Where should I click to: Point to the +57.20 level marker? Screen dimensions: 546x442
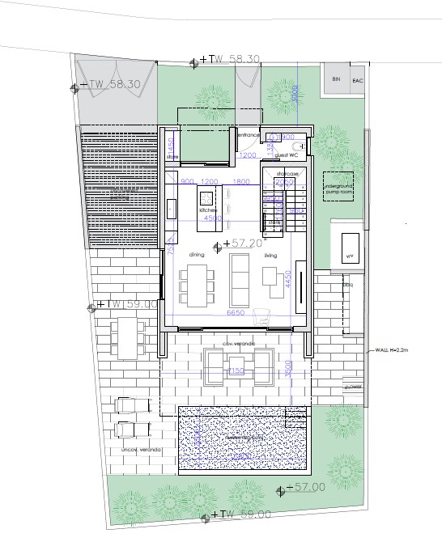pos(243,242)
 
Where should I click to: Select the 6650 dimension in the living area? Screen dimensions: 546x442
pos(236,311)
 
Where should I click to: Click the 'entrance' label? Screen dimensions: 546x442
pos(248,135)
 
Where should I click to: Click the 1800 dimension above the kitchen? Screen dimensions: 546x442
pos(241,181)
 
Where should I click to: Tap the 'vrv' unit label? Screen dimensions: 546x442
pos(350,256)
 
